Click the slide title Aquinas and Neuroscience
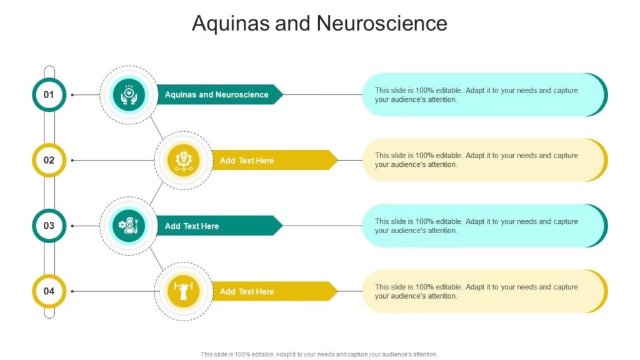point(319,23)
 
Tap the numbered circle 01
point(49,95)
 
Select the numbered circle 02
point(49,160)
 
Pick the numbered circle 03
point(49,226)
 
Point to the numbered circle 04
point(49,291)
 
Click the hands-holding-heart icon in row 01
point(129,95)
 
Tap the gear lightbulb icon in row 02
point(184,161)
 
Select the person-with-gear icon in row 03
point(129,226)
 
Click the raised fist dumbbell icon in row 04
point(184,291)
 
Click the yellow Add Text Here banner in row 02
point(275,161)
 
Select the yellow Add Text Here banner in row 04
point(275,291)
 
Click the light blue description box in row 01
point(485,95)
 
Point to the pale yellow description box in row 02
point(485,160)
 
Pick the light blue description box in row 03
point(485,226)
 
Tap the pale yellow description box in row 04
point(485,291)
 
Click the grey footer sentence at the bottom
point(319,354)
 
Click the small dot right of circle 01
point(72,95)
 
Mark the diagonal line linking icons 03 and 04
point(156,259)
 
